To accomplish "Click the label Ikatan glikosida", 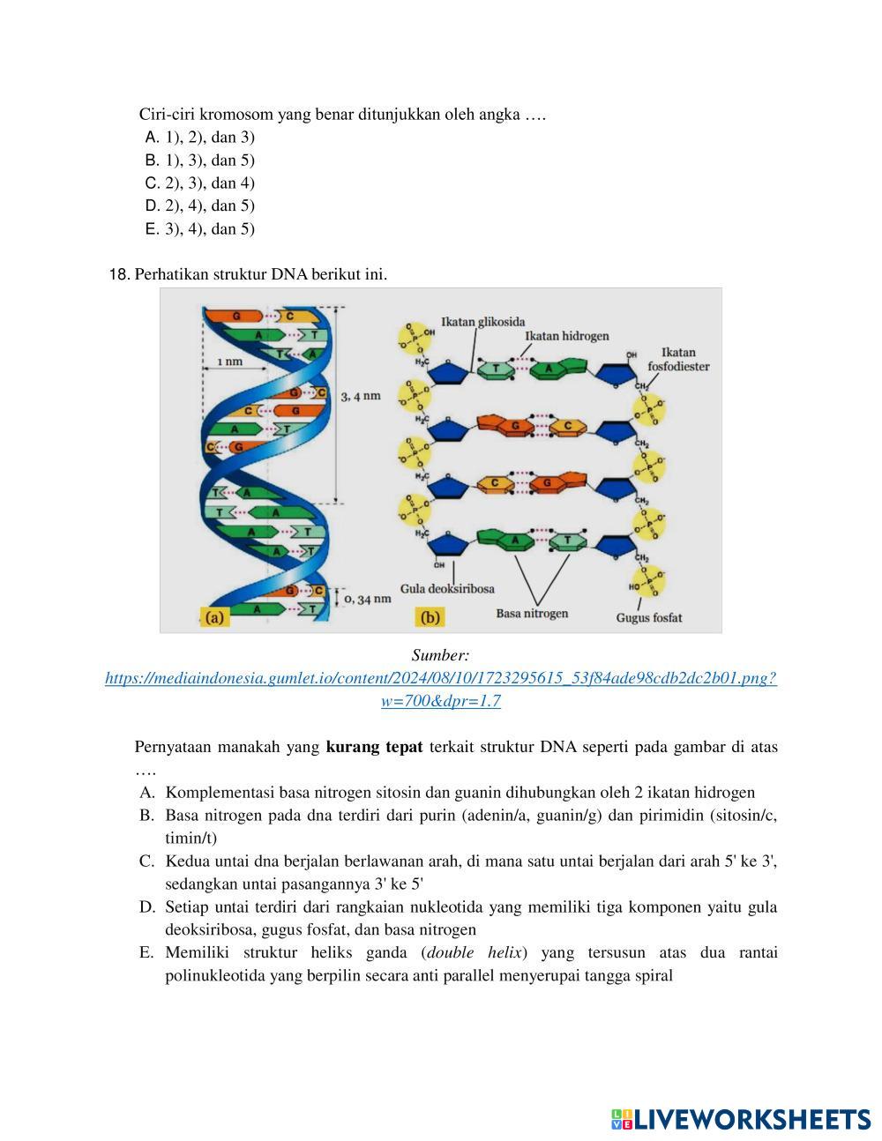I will click(x=482, y=322).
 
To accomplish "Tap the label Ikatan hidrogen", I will click(x=566, y=336).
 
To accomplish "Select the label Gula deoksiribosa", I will click(x=447, y=588).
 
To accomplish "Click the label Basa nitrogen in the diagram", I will click(x=532, y=613).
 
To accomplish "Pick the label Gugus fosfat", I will click(x=648, y=617).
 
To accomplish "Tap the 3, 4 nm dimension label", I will click(x=361, y=396).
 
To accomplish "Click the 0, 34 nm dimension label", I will click(x=367, y=599).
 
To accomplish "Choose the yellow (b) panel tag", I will click(x=430, y=617).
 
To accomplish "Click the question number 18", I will click(x=119, y=274).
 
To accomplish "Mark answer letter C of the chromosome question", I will click(x=152, y=183).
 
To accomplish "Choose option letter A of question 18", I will click(x=147, y=793).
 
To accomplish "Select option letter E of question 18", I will click(x=146, y=953).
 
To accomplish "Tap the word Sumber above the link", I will click(x=440, y=656).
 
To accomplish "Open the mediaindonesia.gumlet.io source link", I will click(x=440, y=679).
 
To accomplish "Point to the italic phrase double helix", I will click(x=475, y=953).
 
